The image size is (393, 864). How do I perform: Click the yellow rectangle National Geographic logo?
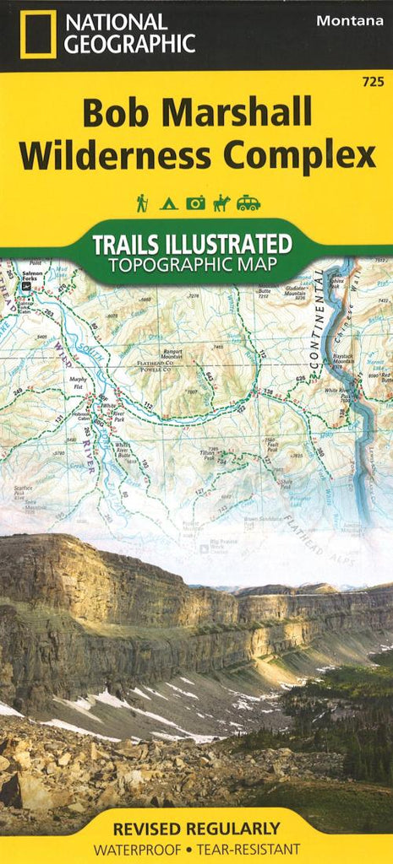point(38,35)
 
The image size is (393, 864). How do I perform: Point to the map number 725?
point(369,81)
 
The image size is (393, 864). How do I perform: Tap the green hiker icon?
point(142,202)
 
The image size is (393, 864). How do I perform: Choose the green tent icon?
point(168,202)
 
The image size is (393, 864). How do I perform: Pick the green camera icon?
point(195,202)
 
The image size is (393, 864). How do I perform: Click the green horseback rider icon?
point(221,202)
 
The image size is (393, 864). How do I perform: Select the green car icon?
point(248,202)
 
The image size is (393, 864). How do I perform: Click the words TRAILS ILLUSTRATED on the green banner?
point(192,245)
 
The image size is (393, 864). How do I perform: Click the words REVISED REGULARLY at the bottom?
point(196,829)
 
